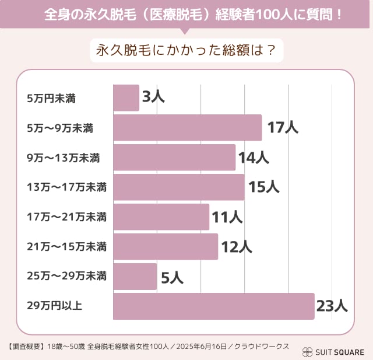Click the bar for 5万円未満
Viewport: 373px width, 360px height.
coord(126,97)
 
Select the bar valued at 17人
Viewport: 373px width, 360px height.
coord(187,128)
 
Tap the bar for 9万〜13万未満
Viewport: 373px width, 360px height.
coord(174,158)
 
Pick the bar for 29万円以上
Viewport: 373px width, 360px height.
coord(213,306)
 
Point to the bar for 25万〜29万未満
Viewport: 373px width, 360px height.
coord(135,277)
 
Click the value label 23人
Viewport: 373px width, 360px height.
coord(332,306)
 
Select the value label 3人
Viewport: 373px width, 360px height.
coord(153,97)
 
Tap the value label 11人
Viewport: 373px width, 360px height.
coord(227,217)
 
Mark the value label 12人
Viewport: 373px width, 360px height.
coord(236,247)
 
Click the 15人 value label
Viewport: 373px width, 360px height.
coord(263,187)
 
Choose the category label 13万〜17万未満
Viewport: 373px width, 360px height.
coord(66,187)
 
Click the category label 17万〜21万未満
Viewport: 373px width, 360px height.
coord(66,217)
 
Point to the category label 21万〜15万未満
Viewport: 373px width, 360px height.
coord(66,247)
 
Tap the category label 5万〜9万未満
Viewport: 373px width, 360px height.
coord(61,128)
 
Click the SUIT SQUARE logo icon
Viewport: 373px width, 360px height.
coord(307,352)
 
